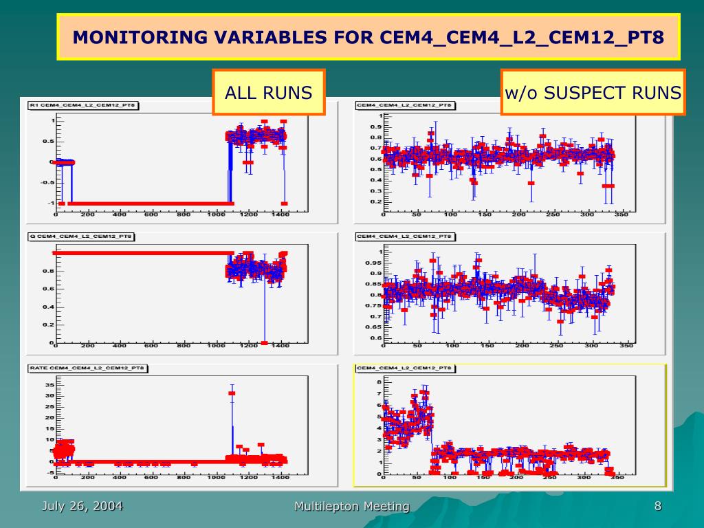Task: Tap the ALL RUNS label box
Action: tap(269, 92)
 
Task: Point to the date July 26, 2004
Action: tap(82, 506)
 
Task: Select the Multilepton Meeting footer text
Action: tap(352, 507)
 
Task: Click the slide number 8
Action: tap(658, 506)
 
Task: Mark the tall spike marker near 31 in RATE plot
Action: tap(232, 393)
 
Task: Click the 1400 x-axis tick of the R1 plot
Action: tap(280, 214)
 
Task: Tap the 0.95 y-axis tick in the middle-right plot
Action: tap(372, 263)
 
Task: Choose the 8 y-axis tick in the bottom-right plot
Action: tap(378, 382)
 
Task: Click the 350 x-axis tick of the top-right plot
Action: tap(620, 214)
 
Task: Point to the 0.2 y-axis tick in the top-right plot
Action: tap(375, 202)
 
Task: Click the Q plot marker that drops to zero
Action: tap(265, 342)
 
